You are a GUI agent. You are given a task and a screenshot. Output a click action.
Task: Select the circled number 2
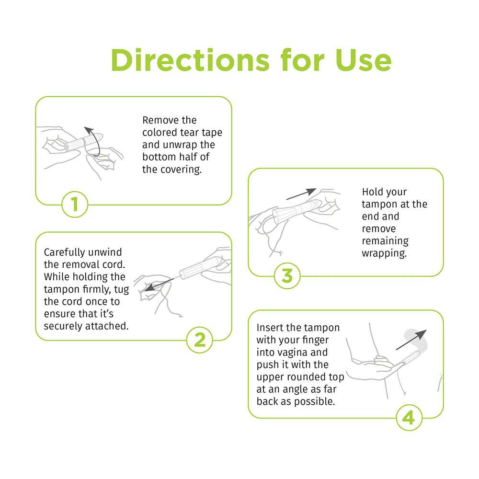point(199,340)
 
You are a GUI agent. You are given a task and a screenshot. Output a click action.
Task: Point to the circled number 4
point(409,418)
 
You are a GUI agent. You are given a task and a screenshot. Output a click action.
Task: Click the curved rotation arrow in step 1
point(94,141)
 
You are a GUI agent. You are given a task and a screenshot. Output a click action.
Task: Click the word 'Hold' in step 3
point(372,192)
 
